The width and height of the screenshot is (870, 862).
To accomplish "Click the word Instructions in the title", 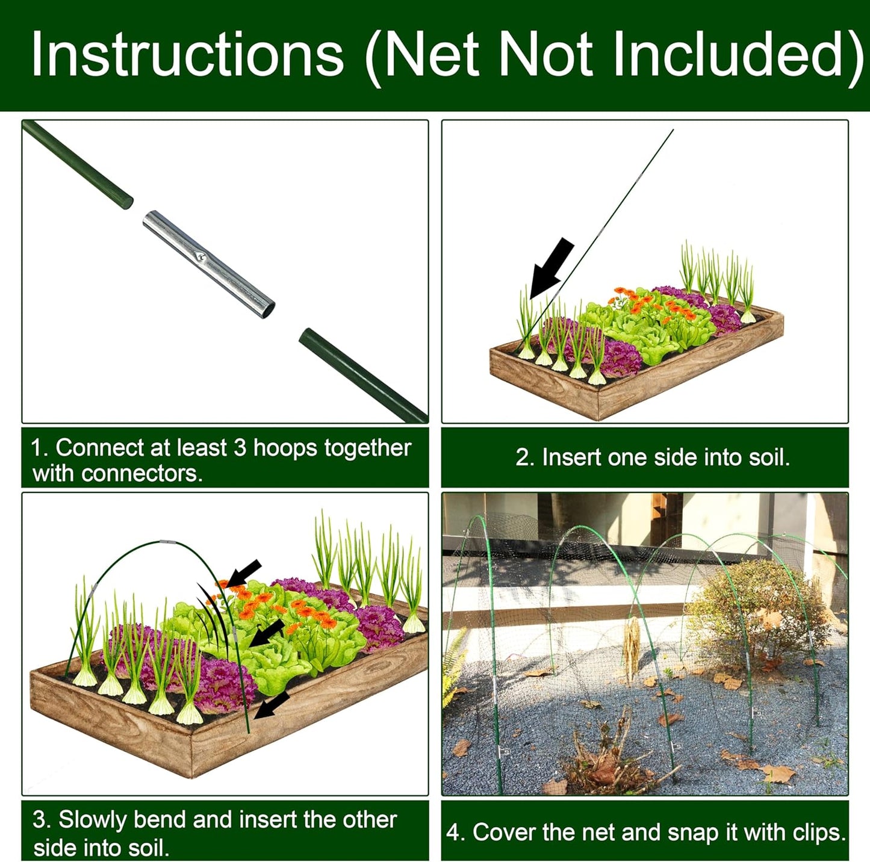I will pyautogui.click(x=187, y=55).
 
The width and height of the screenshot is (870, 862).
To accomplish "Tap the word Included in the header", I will pyautogui.click(x=736, y=55).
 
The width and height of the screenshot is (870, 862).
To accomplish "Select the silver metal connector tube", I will pyautogui.click(x=208, y=264).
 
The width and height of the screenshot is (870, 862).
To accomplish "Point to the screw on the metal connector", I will pyautogui.click(x=201, y=257).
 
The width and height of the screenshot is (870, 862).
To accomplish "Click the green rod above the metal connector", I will pyautogui.click(x=78, y=164).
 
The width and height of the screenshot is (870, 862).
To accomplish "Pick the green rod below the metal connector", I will pyautogui.click(x=362, y=375).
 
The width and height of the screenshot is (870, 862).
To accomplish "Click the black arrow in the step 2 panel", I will pyautogui.click(x=551, y=267).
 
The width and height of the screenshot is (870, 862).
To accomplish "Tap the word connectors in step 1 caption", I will pyautogui.click(x=140, y=474).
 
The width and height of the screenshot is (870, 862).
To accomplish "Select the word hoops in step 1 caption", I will pyautogui.click(x=285, y=448).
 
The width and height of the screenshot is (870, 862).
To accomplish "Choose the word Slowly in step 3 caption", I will pyautogui.click(x=92, y=820).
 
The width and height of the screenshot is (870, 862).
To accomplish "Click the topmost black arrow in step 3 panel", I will pyautogui.click(x=245, y=572).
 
